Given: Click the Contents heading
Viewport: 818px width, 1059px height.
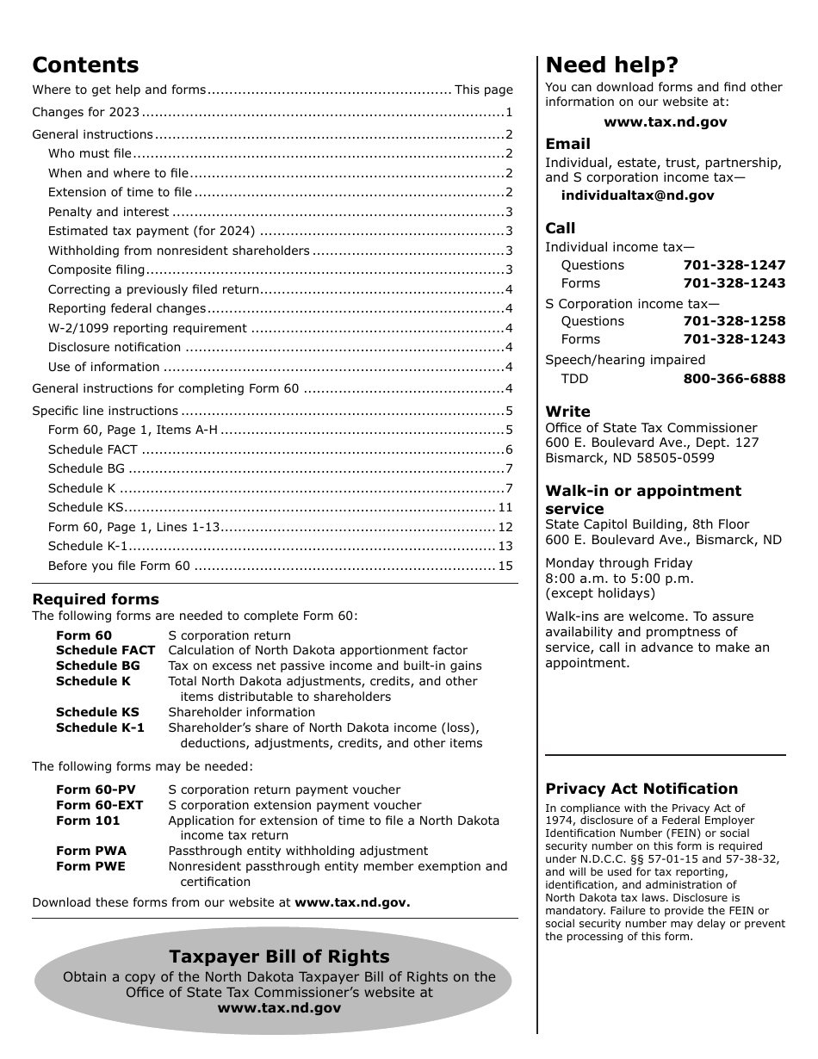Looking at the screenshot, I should (85, 65).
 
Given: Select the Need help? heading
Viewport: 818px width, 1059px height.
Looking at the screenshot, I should (612, 65).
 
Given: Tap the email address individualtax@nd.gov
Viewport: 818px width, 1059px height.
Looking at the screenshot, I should (637, 195).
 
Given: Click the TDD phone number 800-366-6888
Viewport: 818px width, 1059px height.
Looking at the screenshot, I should (734, 379).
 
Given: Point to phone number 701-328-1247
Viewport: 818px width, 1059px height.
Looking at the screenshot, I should (734, 265).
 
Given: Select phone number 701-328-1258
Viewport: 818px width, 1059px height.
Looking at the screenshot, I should (734, 321).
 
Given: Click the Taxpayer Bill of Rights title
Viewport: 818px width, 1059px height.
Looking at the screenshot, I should (279, 957).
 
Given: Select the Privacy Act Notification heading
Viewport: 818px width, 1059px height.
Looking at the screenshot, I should (641, 789).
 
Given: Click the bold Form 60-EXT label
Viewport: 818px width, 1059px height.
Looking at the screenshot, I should (100, 805).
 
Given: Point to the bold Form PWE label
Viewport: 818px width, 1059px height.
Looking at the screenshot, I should (90, 866).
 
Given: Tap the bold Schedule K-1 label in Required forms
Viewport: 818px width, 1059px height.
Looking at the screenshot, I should (100, 728).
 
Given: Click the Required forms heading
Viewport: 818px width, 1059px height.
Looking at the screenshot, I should (96, 599).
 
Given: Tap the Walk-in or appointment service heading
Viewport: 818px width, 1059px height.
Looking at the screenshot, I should (642, 499).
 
